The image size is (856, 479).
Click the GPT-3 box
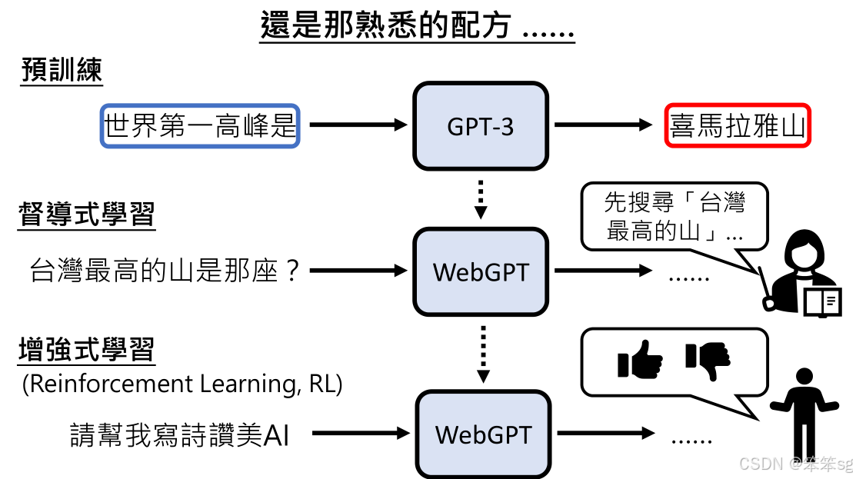click(481, 126)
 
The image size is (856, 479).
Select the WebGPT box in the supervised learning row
click(481, 271)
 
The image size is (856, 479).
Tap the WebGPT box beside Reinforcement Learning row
click(483, 434)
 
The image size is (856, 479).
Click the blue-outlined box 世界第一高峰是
click(200, 125)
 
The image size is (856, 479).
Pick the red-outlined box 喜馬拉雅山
click(738, 125)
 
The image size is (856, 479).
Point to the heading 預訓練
click(62, 71)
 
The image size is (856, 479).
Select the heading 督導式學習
click(87, 215)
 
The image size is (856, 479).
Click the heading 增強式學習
click(87, 351)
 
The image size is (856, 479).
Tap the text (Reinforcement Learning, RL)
click(182, 384)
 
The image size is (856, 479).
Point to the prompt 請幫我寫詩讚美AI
click(179, 435)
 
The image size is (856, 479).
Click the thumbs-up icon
click(640, 361)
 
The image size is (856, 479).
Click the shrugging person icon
click(804, 411)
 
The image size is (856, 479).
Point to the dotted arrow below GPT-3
click(480, 198)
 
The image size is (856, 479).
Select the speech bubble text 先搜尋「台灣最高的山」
click(674, 216)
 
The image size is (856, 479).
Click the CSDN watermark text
click(795, 464)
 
